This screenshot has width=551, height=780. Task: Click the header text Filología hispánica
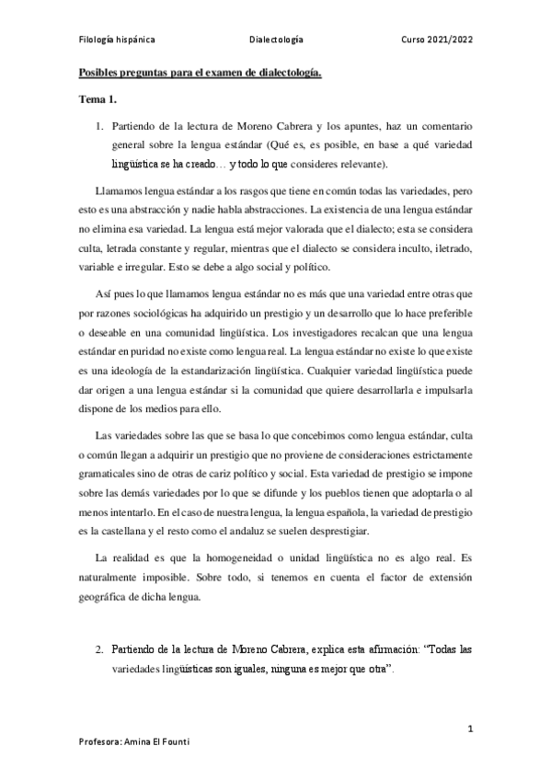pyautogui.click(x=115, y=41)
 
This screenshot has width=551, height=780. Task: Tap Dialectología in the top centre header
pyautogui.click(x=276, y=41)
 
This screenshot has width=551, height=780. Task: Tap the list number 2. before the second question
pyautogui.click(x=101, y=649)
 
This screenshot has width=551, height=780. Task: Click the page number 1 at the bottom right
pyautogui.click(x=470, y=729)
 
